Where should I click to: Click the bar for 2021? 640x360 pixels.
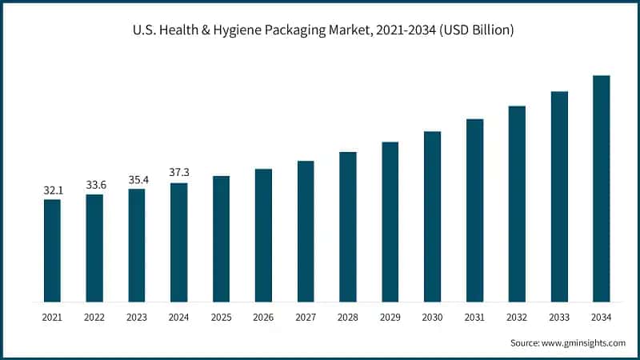coord(52,250)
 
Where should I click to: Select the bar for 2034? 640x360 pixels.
coord(602,189)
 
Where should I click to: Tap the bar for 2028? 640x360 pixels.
coord(348,226)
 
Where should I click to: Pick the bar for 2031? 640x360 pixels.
coord(475,210)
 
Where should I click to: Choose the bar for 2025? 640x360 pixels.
coord(221,238)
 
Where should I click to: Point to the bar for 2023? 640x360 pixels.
coord(137,245)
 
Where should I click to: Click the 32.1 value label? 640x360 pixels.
coord(52,190)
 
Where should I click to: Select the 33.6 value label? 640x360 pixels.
coord(94,186)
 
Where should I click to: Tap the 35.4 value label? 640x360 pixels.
coord(137,180)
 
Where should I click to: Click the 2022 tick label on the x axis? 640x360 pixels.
coord(94,318)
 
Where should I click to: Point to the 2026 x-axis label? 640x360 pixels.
coord(263,318)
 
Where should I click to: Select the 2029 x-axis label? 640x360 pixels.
coord(390,318)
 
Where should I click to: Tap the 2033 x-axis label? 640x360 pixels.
coord(559,318)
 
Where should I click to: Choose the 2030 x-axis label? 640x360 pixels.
coord(433,318)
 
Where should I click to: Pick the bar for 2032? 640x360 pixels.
coord(517,204)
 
